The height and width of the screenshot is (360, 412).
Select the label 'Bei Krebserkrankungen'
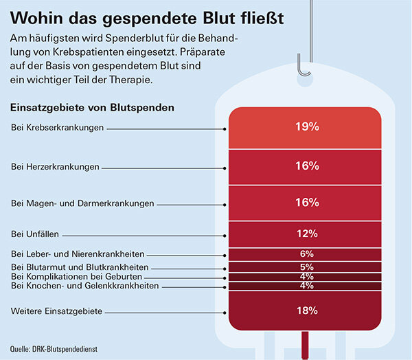(58, 128)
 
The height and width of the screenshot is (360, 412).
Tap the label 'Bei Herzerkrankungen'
(56, 166)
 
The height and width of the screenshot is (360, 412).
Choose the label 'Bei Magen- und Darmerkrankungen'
(83, 203)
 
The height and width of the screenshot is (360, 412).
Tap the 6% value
(306, 254)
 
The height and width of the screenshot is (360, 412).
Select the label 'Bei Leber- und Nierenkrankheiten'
(78, 254)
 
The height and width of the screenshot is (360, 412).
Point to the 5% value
(306, 267)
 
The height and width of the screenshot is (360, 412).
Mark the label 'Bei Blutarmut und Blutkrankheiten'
(80, 267)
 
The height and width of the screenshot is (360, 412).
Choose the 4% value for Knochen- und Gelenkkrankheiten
(306, 285)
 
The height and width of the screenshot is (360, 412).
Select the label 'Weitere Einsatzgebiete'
(58, 311)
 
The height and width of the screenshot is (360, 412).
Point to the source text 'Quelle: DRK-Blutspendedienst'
(54, 349)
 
